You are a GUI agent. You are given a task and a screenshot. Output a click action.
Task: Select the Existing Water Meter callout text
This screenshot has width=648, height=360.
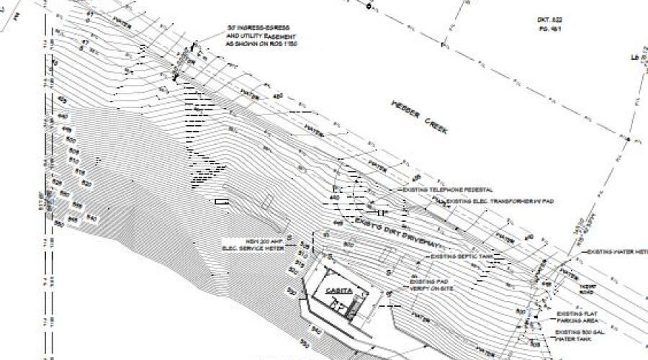618,252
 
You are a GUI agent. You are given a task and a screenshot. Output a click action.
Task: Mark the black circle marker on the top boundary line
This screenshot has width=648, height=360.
368,6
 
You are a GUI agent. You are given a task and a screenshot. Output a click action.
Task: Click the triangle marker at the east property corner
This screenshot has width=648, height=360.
628,138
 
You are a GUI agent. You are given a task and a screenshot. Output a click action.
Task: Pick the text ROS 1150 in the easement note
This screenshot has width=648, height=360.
286,45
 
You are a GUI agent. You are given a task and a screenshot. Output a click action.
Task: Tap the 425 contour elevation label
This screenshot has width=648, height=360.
63,100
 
